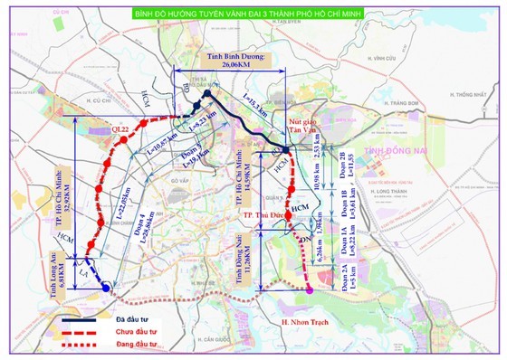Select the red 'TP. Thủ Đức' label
[263, 218]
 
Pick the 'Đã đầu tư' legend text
[141, 319]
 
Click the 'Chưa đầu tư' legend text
[146, 332]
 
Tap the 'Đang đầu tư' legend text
[145, 345]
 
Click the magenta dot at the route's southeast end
[310, 289]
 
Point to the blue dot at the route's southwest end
[108, 288]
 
